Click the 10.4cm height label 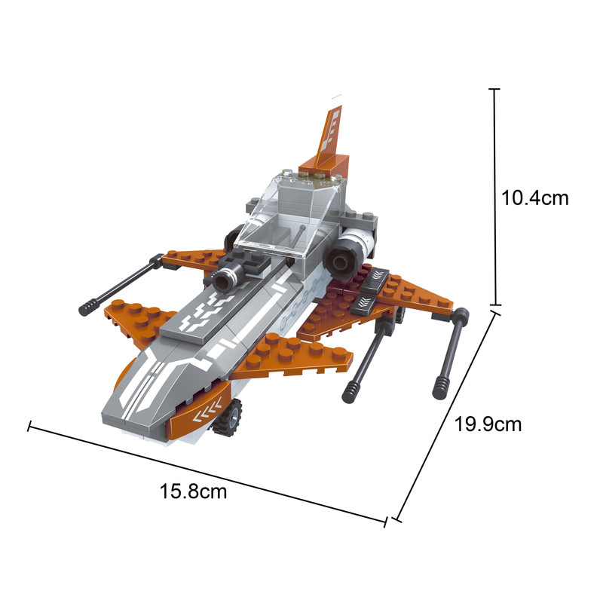(x=534, y=198)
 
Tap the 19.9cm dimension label (x=488, y=424)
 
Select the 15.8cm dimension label (x=193, y=491)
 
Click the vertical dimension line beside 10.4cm (x=494, y=197)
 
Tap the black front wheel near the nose (x=228, y=418)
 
